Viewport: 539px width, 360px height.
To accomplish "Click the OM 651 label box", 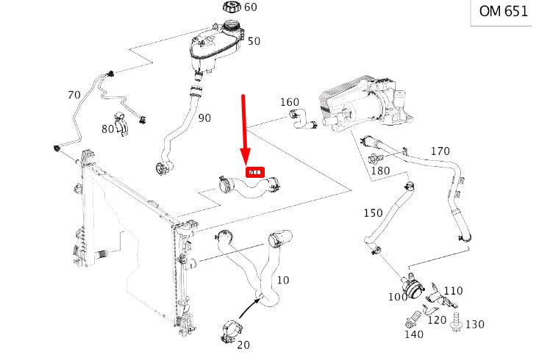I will click(x=504, y=12).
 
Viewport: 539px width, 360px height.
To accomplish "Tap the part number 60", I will click(x=250, y=8).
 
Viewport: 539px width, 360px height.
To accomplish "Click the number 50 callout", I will click(x=254, y=41).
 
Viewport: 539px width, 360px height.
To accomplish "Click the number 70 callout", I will click(x=74, y=95).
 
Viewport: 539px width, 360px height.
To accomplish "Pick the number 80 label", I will click(x=108, y=130).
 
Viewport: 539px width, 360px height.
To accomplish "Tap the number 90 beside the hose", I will click(x=204, y=118).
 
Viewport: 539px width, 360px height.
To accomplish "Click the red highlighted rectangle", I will click(x=254, y=173).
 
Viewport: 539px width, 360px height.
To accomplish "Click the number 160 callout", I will click(x=290, y=102).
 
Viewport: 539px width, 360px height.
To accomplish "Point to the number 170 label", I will click(x=440, y=151).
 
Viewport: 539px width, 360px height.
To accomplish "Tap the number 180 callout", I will click(x=380, y=171).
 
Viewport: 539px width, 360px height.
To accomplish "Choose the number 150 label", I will click(x=374, y=213).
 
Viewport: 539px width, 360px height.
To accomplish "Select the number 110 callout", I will click(x=453, y=291).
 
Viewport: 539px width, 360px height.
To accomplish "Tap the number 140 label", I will click(x=414, y=334).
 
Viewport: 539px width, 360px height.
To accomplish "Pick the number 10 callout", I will click(x=283, y=280).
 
